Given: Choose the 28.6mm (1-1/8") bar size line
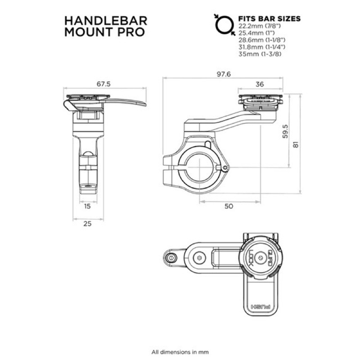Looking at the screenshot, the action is click(x=261, y=40).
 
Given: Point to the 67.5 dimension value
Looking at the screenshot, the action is click(x=103, y=84).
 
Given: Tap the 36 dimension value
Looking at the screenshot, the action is click(x=259, y=84).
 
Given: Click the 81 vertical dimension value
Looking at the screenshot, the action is click(x=294, y=144).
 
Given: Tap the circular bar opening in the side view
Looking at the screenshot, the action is click(x=198, y=170).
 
